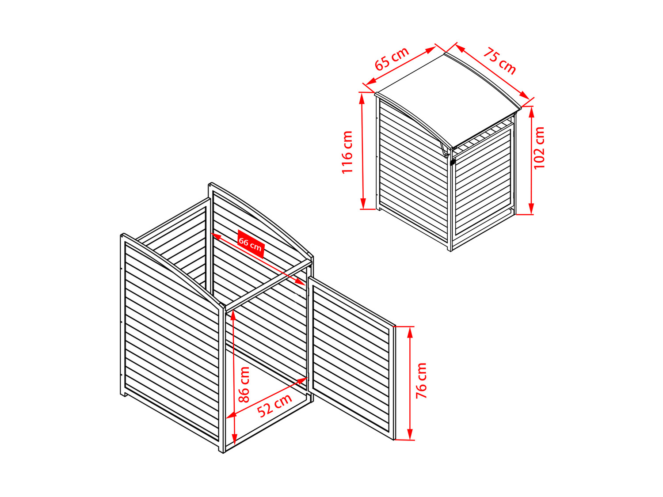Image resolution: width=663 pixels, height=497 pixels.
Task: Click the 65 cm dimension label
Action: tap(392, 58)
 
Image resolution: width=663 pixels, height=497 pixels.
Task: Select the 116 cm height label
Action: tap(347, 152)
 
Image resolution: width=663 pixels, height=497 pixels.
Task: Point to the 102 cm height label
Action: tap(539, 148)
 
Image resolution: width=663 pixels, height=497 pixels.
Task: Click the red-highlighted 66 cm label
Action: tap(251, 244)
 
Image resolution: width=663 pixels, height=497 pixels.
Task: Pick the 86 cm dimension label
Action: tap(244, 385)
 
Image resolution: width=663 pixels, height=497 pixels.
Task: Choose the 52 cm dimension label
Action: tap(274, 405)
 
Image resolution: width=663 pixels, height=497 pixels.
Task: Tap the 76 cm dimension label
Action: tap(421, 380)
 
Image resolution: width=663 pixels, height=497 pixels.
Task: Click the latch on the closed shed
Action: tap(453, 162)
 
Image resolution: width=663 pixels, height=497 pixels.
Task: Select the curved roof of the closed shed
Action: tap(448, 99)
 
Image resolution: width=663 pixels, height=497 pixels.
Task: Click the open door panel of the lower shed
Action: tap(351, 358)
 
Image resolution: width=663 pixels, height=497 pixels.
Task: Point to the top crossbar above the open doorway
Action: tap(269, 286)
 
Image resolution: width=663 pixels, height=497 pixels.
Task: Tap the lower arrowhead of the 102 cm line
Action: tap(531, 209)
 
